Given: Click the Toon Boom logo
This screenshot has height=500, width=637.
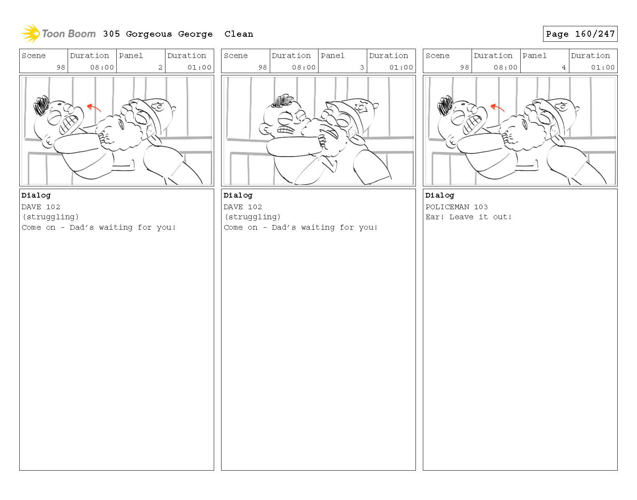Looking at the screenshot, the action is click(x=58, y=34).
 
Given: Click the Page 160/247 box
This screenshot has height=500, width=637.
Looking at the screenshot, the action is click(x=580, y=34).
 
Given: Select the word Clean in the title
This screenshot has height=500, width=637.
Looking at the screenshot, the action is click(x=238, y=34).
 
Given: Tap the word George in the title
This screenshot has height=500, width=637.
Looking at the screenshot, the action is click(x=195, y=34).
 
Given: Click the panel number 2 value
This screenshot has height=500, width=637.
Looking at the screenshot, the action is click(x=160, y=67).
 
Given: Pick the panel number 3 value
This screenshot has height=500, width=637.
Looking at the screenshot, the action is click(x=362, y=67).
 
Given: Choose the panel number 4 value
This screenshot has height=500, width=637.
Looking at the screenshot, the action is click(x=564, y=67).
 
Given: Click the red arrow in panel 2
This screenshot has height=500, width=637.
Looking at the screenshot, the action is click(x=94, y=108).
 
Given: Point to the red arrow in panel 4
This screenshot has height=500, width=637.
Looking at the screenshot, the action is click(x=497, y=108).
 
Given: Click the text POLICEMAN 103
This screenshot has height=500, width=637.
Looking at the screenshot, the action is click(x=456, y=207).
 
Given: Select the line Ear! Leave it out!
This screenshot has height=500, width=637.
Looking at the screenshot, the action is click(x=468, y=217).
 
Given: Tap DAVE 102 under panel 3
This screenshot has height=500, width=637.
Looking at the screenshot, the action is click(x=242, y=207).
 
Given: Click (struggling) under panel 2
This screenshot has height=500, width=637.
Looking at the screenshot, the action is click(x=50, y=217).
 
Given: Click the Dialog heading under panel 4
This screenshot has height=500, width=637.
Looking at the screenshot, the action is click(x=440, y=195).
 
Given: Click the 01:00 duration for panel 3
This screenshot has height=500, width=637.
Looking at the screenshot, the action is click(x=401, y=67).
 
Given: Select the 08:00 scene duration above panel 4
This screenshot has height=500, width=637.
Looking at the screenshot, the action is click(x=505, y=67).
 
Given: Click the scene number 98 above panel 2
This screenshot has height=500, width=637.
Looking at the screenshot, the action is click(x=61, y=67).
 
